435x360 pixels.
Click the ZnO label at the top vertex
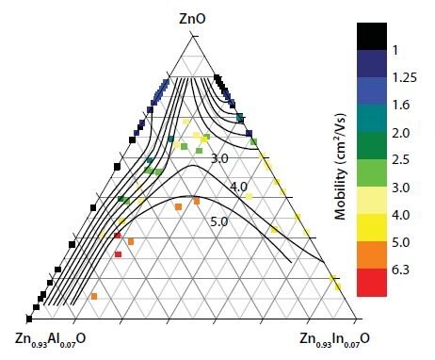194,17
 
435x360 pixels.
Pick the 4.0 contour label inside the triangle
238,188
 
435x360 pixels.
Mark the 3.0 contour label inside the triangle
219,158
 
